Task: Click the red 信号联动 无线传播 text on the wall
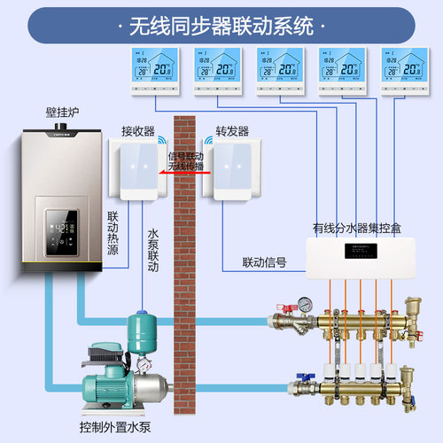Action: click(x=185, y=161)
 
